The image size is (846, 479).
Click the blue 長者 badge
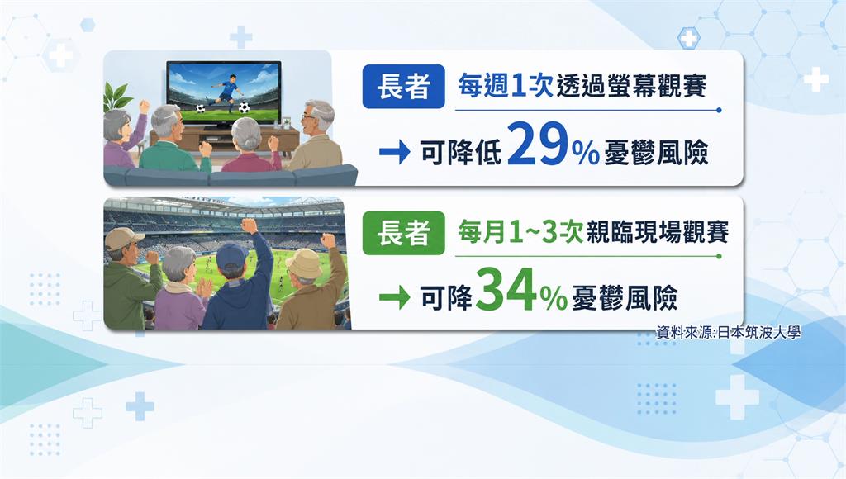tap(403, 87)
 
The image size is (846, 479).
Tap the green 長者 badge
tap(403, 233)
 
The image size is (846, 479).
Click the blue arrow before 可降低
tap(395, 153)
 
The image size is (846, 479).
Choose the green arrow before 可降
tap(395, 298)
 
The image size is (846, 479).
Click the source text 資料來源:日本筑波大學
tap(728, 332)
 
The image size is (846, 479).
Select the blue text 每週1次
tap(506, 87)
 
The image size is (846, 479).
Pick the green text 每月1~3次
tap(520, 233)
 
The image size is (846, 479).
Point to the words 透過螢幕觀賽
tap(631, 87)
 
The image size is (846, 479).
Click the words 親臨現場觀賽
tap(658, 233)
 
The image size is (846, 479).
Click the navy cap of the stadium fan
tap(232, 254)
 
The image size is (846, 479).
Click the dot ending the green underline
tap(720, 256)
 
